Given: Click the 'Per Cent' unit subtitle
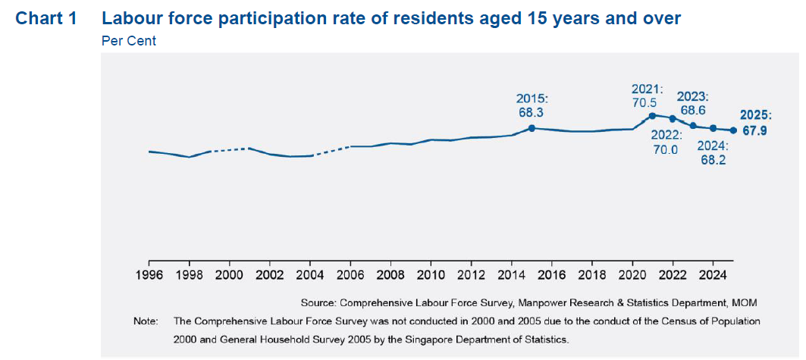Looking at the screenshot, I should (x=128, y=41).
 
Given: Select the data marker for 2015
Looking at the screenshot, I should (x=532, y=128).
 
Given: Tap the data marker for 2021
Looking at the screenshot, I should (x=652, y=115).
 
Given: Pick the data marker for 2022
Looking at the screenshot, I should (x=673, y=118).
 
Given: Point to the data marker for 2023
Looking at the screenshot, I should (x=693, y=126).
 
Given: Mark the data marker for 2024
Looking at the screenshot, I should (x=713, y=128).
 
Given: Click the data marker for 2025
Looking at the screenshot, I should (x=733, y=130).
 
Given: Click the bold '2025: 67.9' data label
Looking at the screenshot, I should (x=756, y=123).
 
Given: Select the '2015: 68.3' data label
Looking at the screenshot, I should (x=532, y=105).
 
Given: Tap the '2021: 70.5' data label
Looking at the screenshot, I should (x=647, y=95).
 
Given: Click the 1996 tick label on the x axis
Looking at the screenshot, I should (x=149, y=274).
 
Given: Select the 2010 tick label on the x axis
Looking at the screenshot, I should (x=431, y=274).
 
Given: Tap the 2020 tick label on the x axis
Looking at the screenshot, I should (x=632, y=274).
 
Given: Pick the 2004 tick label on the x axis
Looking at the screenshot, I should (x=310, y=274).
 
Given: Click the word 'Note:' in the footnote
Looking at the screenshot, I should (x=146, y=321).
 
